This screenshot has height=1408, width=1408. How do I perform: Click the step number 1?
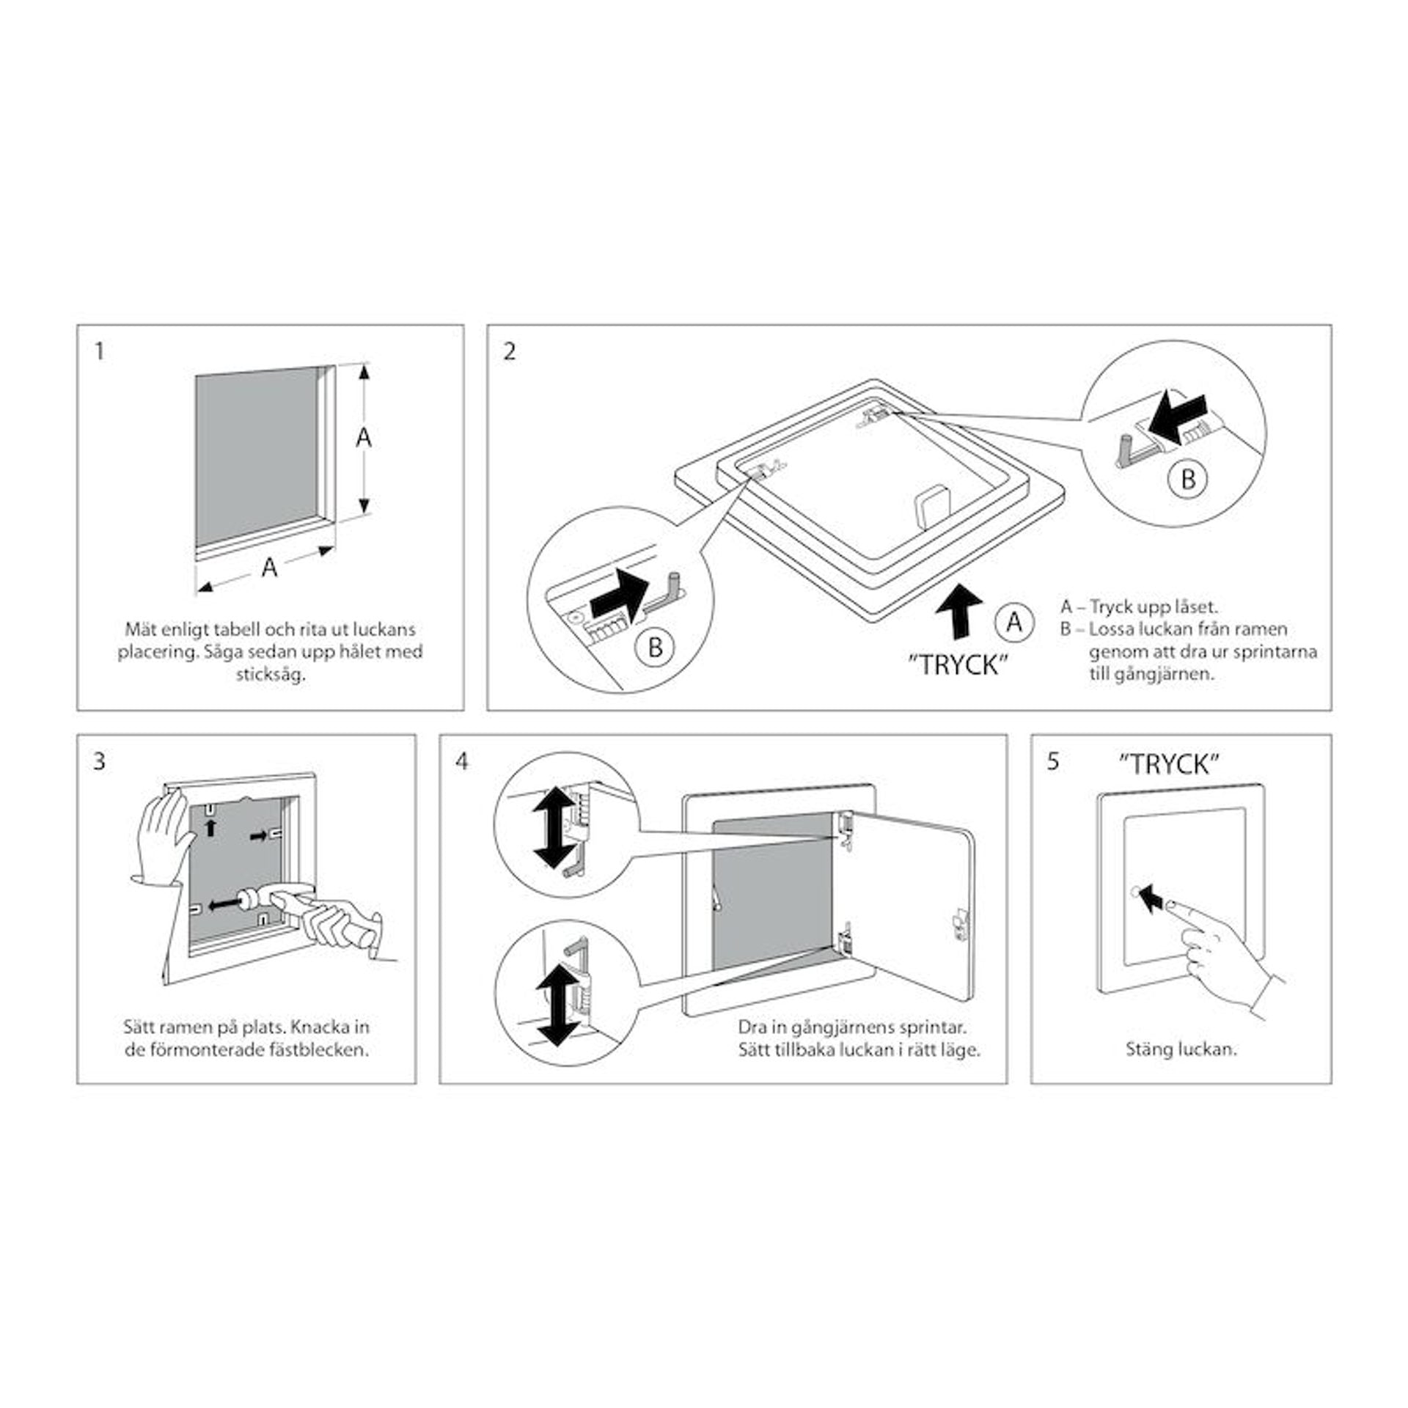coord(100,352)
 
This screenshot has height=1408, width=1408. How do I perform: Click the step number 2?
coord(510,352)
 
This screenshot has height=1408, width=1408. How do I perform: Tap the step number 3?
coord(100,762)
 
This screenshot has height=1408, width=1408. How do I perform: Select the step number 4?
coord(461,762)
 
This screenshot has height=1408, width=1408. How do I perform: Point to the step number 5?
coord(1053,762)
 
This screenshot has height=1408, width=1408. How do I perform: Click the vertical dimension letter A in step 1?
coord(364,438)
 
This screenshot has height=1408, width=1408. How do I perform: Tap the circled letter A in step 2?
coord(1014,622)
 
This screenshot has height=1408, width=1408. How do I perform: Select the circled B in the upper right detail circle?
coord(1189,479)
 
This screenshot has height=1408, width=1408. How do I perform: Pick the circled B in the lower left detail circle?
coord(656,648)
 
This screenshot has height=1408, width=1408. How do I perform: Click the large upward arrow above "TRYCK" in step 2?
coord(959,616)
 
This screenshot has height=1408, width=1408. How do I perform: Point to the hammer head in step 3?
coord(253,901)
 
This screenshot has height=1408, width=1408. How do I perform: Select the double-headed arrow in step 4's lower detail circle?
coord(555,1005)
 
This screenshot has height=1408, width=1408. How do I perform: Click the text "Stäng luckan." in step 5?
coord(1181,1049)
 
